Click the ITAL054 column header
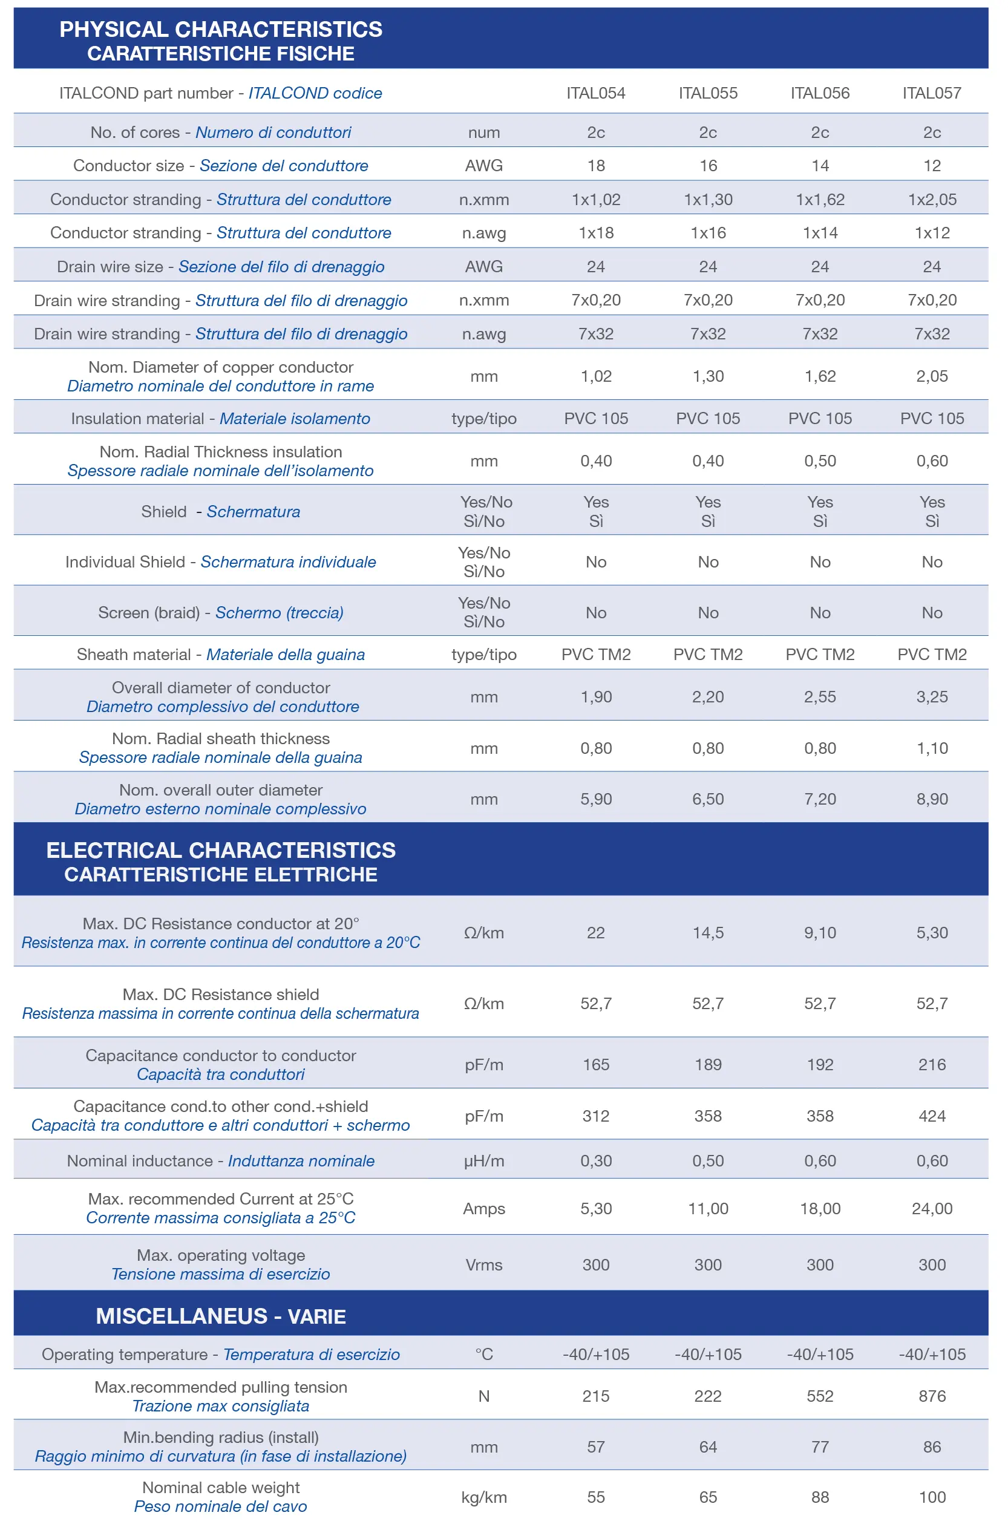pos(596,93)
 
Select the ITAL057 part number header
pos(932,93)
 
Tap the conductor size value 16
pos(709,166)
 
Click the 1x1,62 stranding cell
pos(820,200)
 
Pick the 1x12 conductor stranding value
pos(932,234)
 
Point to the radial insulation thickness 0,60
pos(932,461)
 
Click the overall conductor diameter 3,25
pos(932,697)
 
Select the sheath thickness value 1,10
pos(932,748)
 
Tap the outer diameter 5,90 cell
pos(596,799)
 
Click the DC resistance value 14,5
pos(709,932)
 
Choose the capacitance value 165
pos(596,1064)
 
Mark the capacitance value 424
pos(932,1116)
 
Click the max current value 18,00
pos(820,1208)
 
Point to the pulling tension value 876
pos(932,1396)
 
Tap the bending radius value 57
pos(596,1447)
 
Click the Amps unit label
pos(484,1209)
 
